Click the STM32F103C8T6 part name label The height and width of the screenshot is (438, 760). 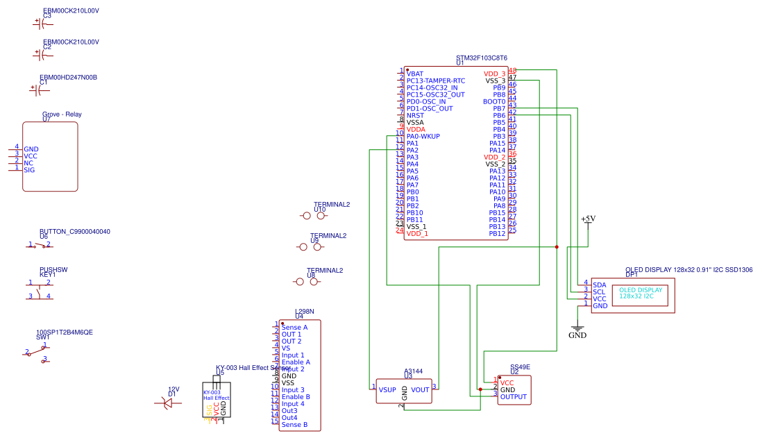point(481,58)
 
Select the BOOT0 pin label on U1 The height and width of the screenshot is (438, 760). point(494,101)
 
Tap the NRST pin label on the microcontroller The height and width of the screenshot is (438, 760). point(415,115)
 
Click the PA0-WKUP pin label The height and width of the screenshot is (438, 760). point(423,136)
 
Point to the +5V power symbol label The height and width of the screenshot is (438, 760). point(588,219)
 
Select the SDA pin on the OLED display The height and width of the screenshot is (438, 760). point(599,285)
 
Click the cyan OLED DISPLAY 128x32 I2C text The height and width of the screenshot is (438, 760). point(641,293)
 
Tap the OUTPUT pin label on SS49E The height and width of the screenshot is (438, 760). point(514,397)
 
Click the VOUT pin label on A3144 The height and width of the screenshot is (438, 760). point(420,389)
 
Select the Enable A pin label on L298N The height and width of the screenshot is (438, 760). point(296,362)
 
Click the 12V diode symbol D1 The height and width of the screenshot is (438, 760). point(167,401)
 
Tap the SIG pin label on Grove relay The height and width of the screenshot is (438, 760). point(29,170)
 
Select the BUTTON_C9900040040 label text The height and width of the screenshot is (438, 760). point(74,232)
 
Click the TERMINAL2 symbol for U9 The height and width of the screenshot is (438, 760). point(310,246)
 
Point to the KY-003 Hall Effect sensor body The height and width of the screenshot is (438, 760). point(216,398)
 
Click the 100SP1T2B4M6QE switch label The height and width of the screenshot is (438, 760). point(64,332)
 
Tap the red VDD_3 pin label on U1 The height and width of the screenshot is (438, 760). point(494,74)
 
